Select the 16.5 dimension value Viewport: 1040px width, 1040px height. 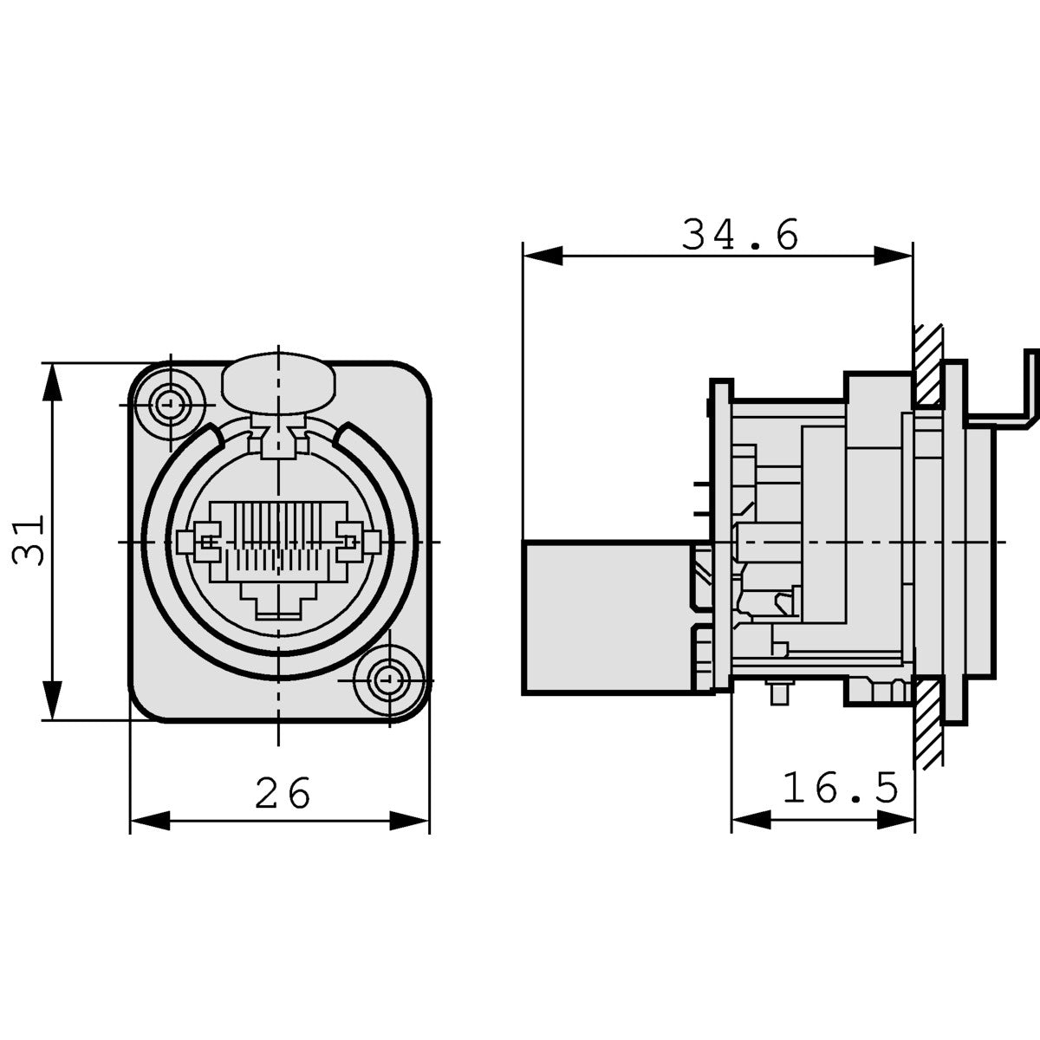pyautogui.click(x=840, y=789)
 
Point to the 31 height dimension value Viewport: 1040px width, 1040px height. pyautogui.click(x=29, y=541)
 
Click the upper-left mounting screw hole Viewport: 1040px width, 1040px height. pyautogui.click(x=169, y=403)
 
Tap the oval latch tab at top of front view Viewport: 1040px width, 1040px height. pyautogui.click(x=278, y=381)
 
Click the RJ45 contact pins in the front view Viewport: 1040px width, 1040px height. pyautogui.click(x=277, y=537)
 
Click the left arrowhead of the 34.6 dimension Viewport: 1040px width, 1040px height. pyautogui.click(x=542, y=256)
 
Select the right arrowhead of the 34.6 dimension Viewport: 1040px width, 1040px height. pyautogui.click(x=893, y=256)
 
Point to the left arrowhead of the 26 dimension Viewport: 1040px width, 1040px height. pyautogui.click(x=148, y=820)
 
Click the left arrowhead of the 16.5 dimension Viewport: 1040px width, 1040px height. pyautogui.click(x=751, y=820)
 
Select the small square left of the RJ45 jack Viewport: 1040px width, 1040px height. pyautogui.click(x=184, y=543)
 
